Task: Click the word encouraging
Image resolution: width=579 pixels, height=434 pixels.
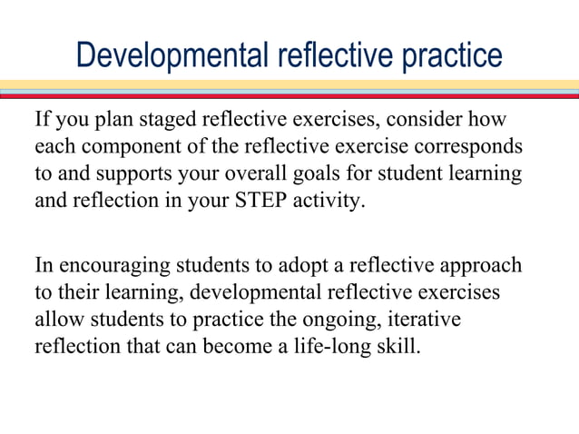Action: pos(103,266)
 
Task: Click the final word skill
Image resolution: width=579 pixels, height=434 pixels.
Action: pos(400,346)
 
